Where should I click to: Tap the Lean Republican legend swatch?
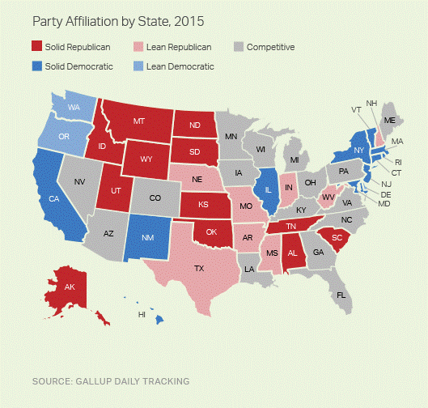pyautogui.click(x=142, y=48)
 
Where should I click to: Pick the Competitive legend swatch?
pyautogui.click(x=240, y=48)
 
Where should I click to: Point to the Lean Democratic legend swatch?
pyautogui.click(x=142, y=66)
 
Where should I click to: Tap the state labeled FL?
pyautogui.click(x=341, y=295)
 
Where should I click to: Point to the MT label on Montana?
pyautogui.click(x=138, y=121)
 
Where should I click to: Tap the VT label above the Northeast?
pyautogui.click(x=356, y=109)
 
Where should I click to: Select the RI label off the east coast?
pyautogui.click(x=398, y=162)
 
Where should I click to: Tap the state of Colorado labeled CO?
pyautogui.click(x=154, y=197)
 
